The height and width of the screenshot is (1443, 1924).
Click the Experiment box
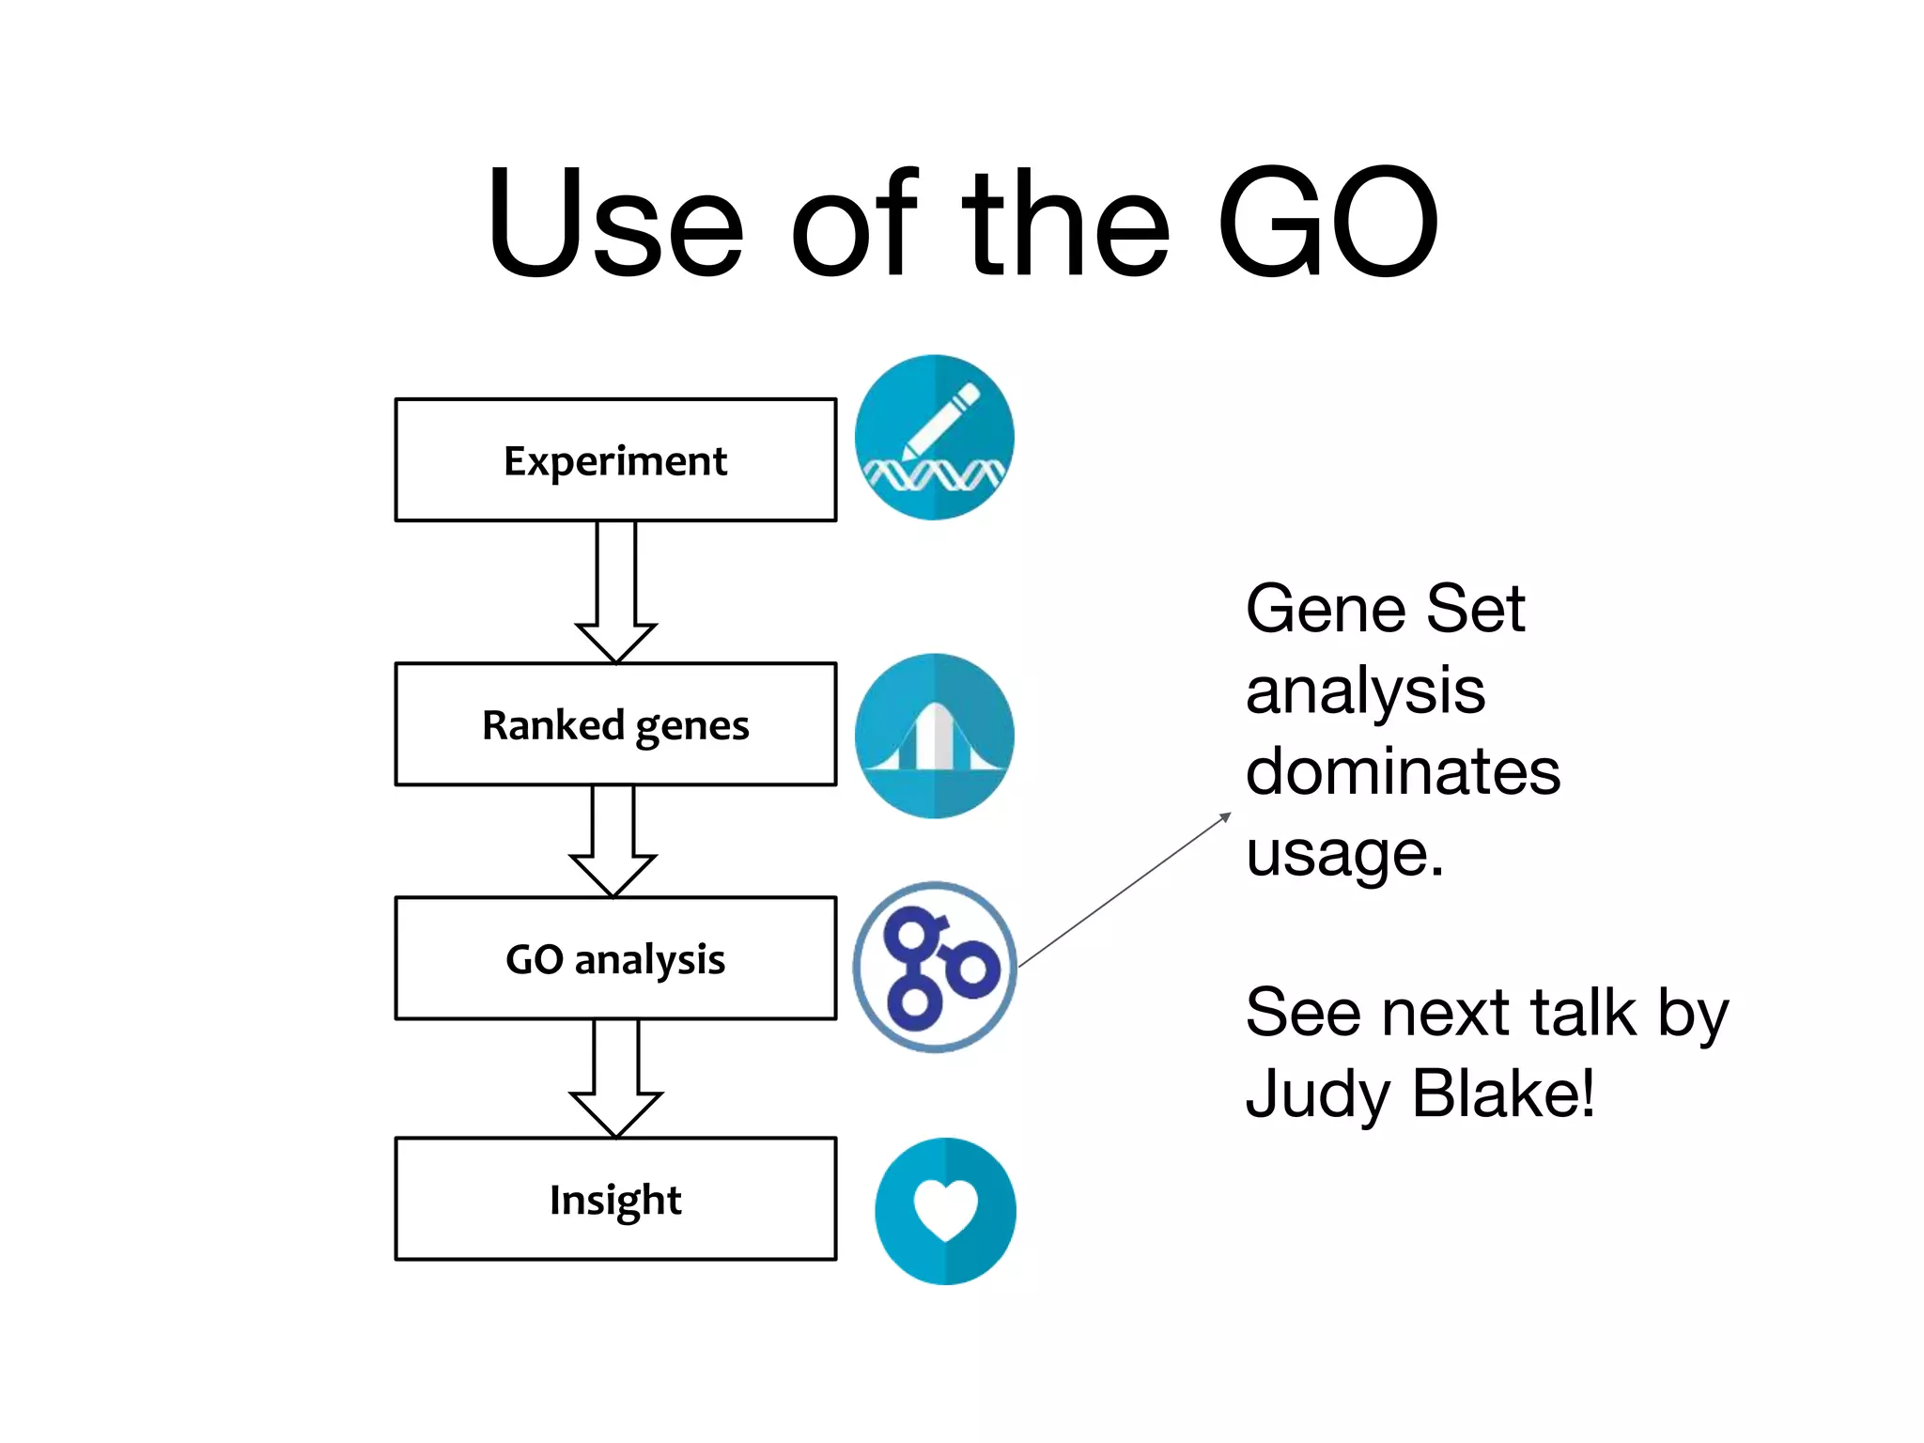pos(615,460)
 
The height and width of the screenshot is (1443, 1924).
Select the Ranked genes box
pos(615,724)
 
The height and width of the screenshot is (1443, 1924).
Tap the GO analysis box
pos(615,958)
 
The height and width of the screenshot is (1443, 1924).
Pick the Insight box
pos(615,1199)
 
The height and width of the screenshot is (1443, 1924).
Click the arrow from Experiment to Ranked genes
pos(616,593)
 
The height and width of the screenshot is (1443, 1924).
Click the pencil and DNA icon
pos(934,438)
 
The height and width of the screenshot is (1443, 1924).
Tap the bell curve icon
pos(934,736)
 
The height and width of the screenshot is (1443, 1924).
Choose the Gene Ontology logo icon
pos(935,967)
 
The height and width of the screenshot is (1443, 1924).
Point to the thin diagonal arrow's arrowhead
pos(1226,816)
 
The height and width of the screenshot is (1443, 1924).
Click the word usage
pos(1343,854)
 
